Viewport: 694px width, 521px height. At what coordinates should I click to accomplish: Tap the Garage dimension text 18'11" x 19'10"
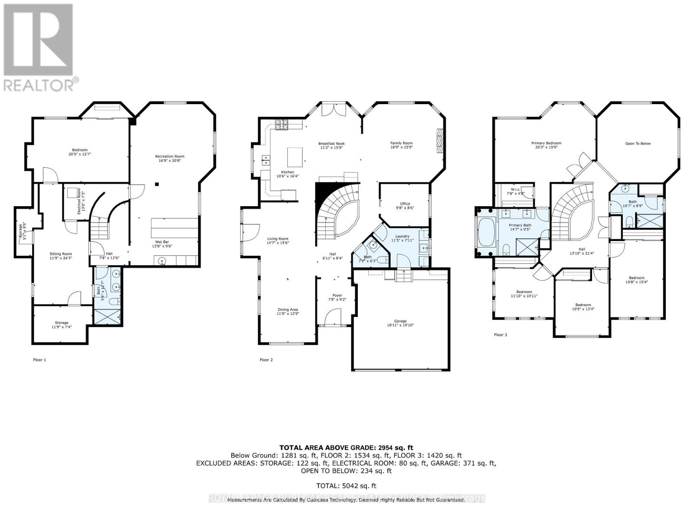pyautogui.click(x=400, y=325)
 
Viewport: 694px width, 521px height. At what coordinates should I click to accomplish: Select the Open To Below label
pyautogui.click(x=638, y=143)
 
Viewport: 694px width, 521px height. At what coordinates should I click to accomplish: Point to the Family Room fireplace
pyautogui.click(x=440, y=141)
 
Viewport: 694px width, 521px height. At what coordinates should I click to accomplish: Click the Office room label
pyautogui.click(x=405, y=204)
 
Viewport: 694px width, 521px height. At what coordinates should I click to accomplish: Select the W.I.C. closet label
pyautogui.click(x=515, y=189)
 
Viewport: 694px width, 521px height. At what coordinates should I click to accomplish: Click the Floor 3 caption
pyautogui.click(x=500, y=335)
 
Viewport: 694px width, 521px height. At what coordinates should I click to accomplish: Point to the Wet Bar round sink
pyautogui.click(x=161, y=261)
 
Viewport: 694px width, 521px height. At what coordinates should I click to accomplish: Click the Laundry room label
pyautogui.click(x=402, y=236)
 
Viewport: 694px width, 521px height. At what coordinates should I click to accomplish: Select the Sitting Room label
pyautogui.click(x=61, y=254)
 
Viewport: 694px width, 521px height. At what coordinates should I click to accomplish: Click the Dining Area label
pyautogui.click(x=288, y=310)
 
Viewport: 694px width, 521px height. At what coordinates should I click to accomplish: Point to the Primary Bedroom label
pyautogui.click(x=546, y=143)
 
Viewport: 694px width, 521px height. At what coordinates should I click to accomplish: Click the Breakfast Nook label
pyautogui.click(x=331, y=143)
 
